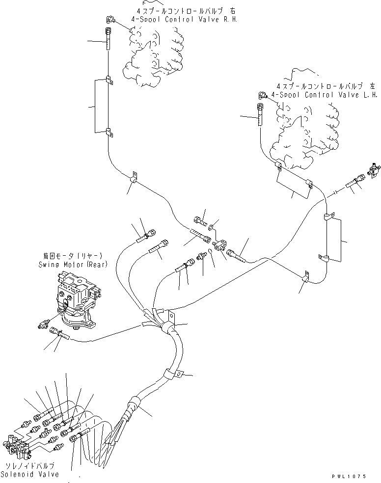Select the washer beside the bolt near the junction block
[x=211, y=227]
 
